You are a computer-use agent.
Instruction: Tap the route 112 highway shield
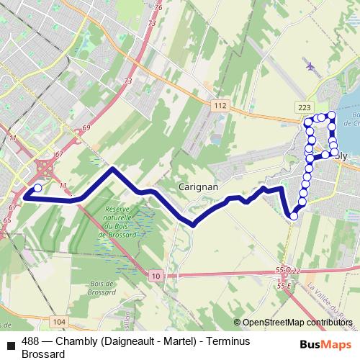tap(220, 106)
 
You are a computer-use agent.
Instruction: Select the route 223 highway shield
tap(304, 107)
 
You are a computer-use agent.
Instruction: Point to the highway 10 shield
tap(157, 276)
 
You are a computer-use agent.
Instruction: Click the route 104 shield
tap(60, 321)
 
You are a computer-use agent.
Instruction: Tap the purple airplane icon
tap(311, 66)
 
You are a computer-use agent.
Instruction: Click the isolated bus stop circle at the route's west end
tap(37, 187)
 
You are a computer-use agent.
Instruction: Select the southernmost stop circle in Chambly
tap(294, 215)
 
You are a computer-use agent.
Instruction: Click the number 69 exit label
tap(86, 127)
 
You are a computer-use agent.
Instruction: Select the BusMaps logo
tap(325, 343)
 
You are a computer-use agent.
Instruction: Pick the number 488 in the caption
tap(31, 342)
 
